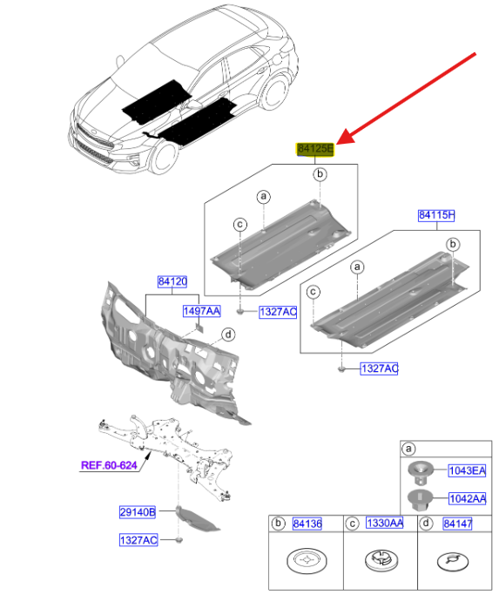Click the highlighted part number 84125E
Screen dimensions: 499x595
click(315, 149)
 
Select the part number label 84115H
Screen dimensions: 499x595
click(436, 215)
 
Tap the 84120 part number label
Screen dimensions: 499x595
click(172, 281)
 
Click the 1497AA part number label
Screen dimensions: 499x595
click(201, 311)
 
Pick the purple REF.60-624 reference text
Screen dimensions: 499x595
click(109, 465)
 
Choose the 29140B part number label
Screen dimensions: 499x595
click(138, 512)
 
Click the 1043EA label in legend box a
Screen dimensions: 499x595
click(467, 471)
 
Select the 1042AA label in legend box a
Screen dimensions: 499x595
click(468, 498)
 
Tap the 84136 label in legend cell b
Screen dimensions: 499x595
click(307, 524)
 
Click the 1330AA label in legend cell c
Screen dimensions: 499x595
click(385, 524)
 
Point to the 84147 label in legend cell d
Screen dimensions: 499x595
click(458, 524)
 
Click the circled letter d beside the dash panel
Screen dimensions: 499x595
click(228, 335)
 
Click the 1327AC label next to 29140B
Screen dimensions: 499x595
click(138, 540)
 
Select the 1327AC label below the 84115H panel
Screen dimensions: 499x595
click(379, 368)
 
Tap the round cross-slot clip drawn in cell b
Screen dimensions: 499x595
click(307, 560)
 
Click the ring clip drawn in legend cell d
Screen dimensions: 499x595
click(452, 562)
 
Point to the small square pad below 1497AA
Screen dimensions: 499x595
click(199, 327)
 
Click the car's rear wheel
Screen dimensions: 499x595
click(274, 92)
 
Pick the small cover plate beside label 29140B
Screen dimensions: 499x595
click(197, 519)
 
